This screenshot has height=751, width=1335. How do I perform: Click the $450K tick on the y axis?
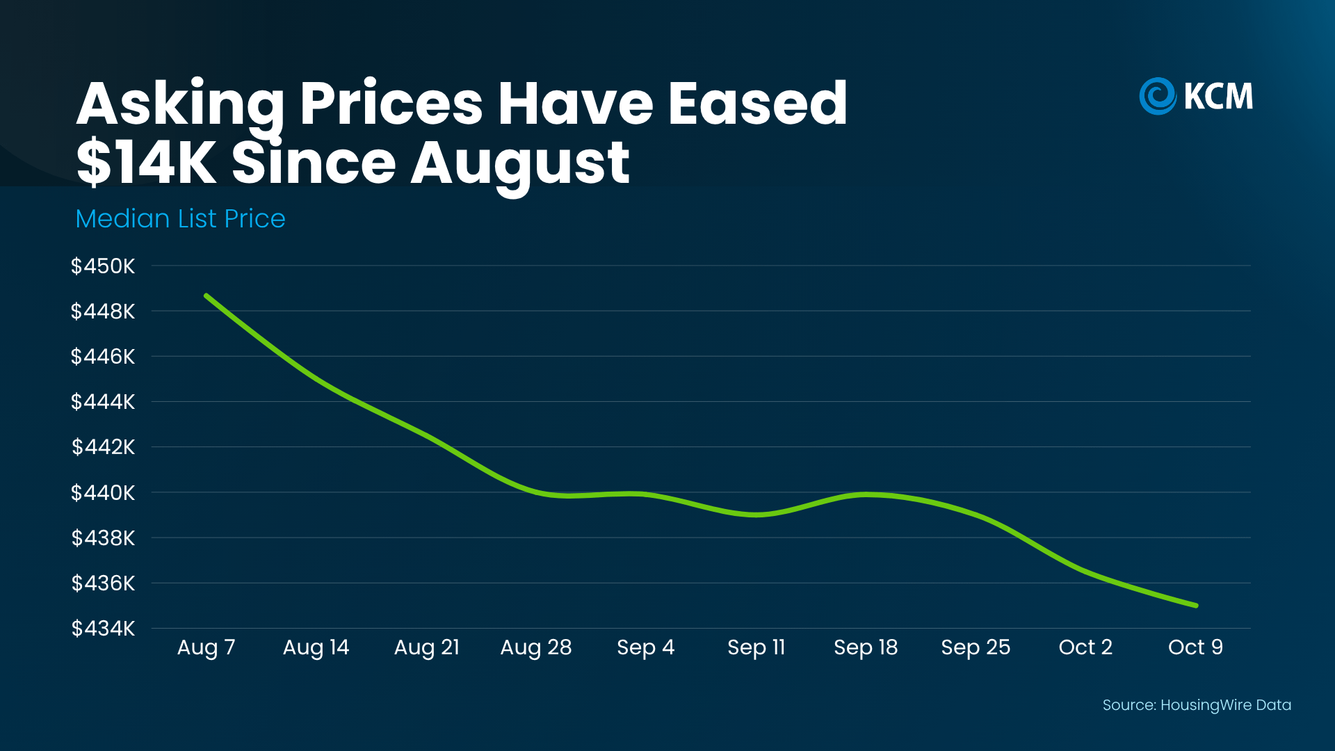pos(103,266)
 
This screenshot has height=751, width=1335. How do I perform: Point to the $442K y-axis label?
pos(103,446)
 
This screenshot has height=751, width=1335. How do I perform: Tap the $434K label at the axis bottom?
pos(103,628)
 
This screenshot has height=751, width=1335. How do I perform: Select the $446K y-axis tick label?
pos(103,356)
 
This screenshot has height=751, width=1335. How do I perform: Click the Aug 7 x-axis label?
pos(207,647)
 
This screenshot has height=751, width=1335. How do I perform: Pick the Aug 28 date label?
pos(536,647)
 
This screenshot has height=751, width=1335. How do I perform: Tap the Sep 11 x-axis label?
pos(756,647)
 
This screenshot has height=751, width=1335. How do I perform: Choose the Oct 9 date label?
pos(1195,647)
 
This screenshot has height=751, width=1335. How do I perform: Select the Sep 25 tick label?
pos(976,647)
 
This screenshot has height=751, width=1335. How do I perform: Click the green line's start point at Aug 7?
pos(207,296)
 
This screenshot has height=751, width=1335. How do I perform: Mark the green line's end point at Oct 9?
pos(1196,606)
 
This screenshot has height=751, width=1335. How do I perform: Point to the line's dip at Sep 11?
pos(756,515)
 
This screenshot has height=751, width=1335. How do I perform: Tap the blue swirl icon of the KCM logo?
pos(1158,96)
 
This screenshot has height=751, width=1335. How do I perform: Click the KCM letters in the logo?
pos(1218,96)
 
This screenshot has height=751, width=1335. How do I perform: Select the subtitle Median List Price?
pos(180,218)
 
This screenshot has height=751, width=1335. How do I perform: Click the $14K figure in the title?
pos(146,163)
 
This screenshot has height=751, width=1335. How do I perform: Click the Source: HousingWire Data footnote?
pos(1197,705)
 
